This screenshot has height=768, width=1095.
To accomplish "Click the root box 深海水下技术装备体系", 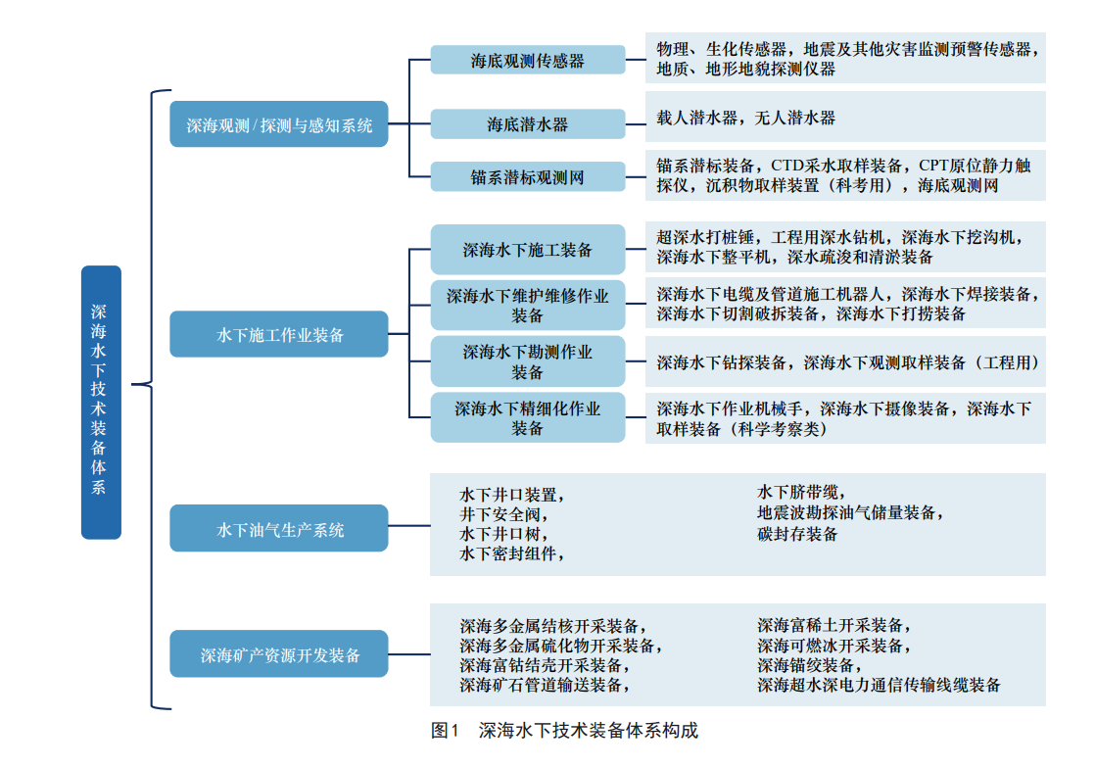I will [101, 402].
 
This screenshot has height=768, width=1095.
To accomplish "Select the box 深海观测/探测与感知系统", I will [279, 124].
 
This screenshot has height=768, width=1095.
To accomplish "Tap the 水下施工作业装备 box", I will [279, 334].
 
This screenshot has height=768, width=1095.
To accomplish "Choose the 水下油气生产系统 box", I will [279, 530].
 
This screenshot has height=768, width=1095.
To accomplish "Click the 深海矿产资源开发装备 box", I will [279, 654].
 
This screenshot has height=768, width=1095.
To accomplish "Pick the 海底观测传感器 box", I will [527, 60].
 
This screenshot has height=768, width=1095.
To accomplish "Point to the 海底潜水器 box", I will [527, 124].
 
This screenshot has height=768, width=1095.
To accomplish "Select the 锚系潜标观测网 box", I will [527, 177].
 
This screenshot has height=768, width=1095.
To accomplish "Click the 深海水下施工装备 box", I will [527, 250].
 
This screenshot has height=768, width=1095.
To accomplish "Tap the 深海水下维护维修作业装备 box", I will [527, 306].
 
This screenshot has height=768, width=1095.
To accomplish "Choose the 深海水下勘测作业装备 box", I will [527, 361].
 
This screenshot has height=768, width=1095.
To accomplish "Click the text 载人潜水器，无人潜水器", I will [745, 118].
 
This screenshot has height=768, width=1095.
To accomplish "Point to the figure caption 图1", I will [446, 731].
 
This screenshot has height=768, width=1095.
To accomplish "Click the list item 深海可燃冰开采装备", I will [833, 646].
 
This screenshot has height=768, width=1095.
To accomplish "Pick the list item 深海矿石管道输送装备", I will [545, 685].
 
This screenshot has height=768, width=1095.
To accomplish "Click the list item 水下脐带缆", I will [800, 492].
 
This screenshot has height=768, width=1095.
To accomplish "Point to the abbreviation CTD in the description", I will [789, 166].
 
